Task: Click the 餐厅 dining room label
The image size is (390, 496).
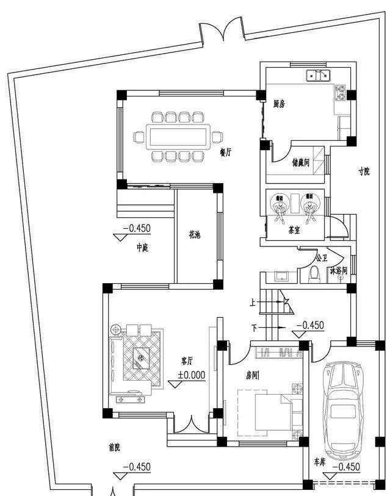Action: point(226,153)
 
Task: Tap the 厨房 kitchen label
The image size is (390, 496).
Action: point(280,104)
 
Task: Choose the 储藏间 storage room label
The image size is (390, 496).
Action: point(301,163)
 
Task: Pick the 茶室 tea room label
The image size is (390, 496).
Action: point(294,231)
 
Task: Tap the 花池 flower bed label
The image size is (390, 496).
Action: point(194,235)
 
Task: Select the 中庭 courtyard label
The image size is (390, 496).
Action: point(142,248)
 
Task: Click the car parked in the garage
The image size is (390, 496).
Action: point(342,409)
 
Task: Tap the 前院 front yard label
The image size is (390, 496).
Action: point(114,447)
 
